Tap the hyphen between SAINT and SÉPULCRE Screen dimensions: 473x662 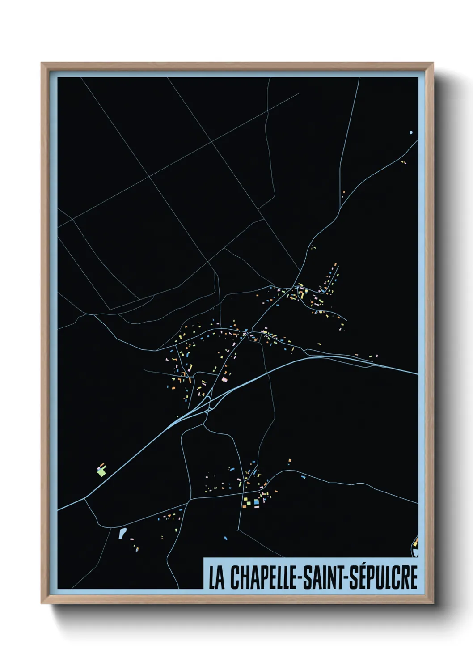[x=347, y=578]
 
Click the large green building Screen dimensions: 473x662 [x=102, y=471]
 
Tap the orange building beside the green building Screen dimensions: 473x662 [x=102, y=465]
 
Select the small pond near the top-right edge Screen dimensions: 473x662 [x=411, y=132]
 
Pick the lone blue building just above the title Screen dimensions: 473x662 [x=226, y=538]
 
